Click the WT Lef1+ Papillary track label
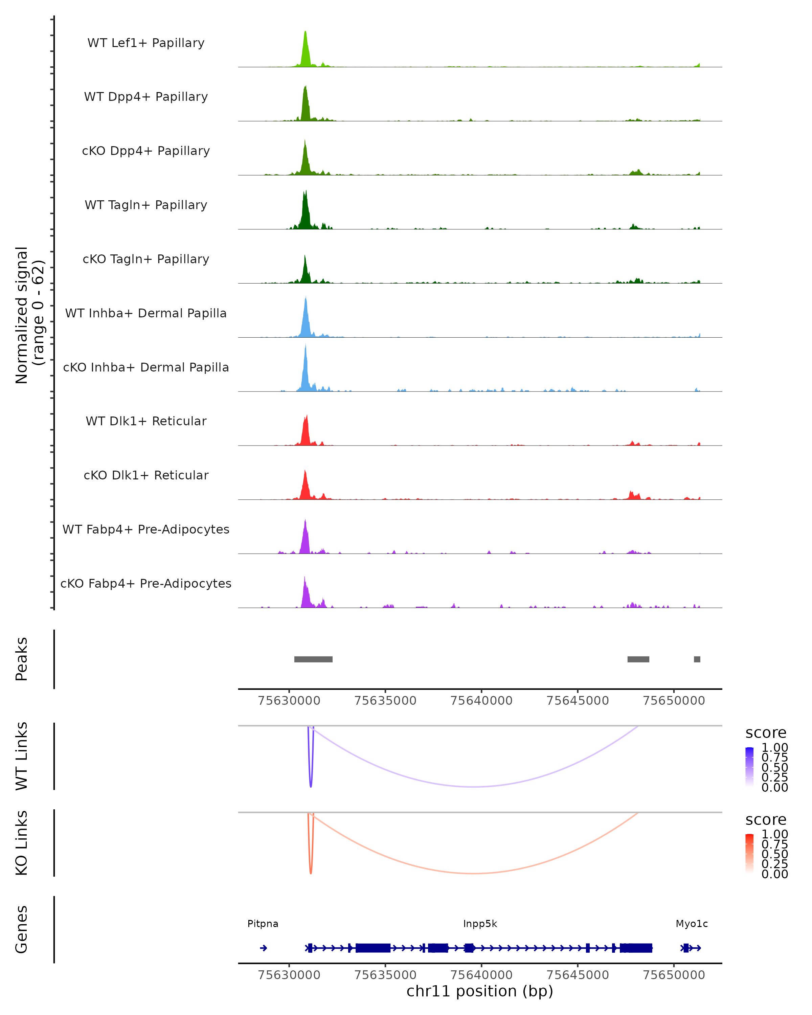pyautogui.click(x=146, y=43)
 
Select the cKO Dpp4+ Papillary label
pyautogui.click(x=146, y=151)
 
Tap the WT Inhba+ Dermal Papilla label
pyautogui.click(x=146, y=314)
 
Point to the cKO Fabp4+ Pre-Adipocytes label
pyautogui.click(x=146, y=584)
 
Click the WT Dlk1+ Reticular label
pyautogui.click(x=146, y=421)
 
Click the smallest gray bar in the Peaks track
pyautogui.click(x=697, y=659)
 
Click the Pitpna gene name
pyautogui.click(x=263, y=924)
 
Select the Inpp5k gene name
pyautogui.click(x=480, y=924)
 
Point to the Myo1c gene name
pyautogui.click(x=692, y=924)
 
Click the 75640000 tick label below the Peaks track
pyautogui.click(x=481, y=701)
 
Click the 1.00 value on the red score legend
pyautogui.click(x=775, y=834)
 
